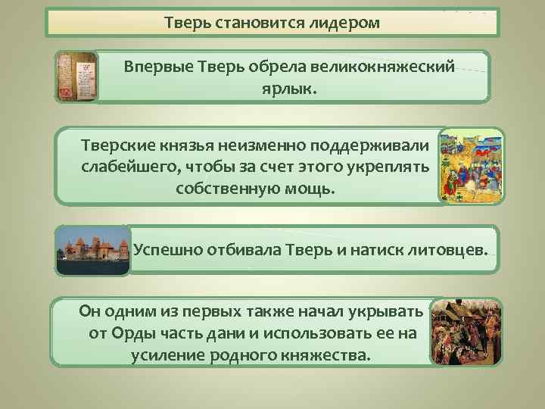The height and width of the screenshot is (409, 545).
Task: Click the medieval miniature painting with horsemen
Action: tap(471, 167)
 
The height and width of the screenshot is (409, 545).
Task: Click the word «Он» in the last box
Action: tap(90, 312)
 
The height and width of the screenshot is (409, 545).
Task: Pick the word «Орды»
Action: tap(135, 333)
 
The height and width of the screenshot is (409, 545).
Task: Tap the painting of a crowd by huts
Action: tap(465, 332)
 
